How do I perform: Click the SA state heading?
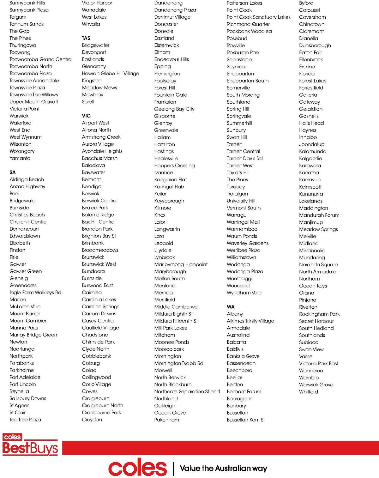[x=13, y=172]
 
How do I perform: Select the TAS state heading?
[x=86, y=38]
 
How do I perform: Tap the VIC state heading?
[x=86, y=116]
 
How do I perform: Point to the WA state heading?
[x=231, y=307]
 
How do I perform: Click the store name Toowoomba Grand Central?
[x=41, y=59]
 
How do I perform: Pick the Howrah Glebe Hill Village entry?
[x=110, y=74]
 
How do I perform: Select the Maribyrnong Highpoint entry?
[x=181, y=264]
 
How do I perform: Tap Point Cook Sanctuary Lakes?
[x=258, y=17]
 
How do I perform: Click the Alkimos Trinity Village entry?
[x=250, y=321]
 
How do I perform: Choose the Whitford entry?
[x=308, y=392]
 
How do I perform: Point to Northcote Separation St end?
[x=187, y=391]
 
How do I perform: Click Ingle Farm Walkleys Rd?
[x=35, y=293]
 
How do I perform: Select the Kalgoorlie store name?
[x=310, y=158]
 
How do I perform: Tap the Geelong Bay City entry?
[x=174, y=109]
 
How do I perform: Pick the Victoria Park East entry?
[x=318, y=363]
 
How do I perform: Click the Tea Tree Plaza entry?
[x=25, y=420]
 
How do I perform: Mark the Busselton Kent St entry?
[x=246, y=420]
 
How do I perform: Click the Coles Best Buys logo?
[x=30, y=445]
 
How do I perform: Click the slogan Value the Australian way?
[x=223, y=468]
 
